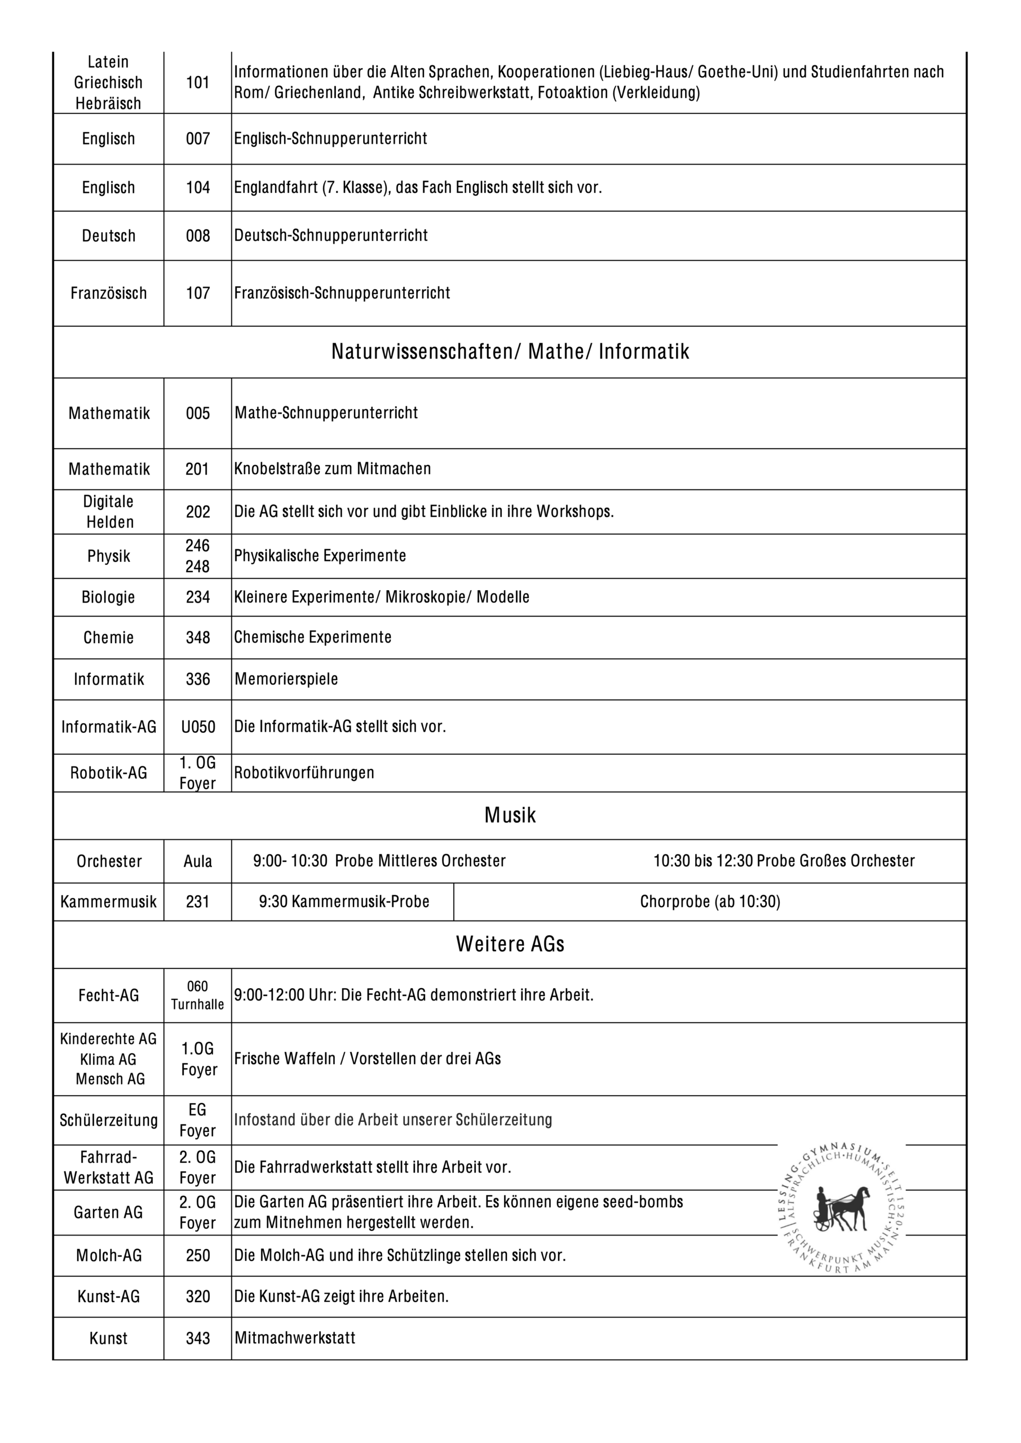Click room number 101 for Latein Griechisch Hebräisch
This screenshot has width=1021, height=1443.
[x=197, y=82]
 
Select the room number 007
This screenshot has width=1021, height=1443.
[x=197, y=138]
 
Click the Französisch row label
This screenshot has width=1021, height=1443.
[x=108, y=293]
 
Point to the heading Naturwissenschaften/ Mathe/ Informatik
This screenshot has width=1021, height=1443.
[x=510, y=351]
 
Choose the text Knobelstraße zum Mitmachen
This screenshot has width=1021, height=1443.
[x=333, y=469]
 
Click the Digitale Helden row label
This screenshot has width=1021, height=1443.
[x=109, y=512]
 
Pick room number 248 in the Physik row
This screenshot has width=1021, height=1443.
[x=197, y=566]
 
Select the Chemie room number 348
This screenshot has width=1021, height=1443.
[x=197, y=638]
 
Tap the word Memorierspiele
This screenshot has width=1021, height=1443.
[x=286, y=679]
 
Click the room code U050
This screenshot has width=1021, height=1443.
[x=197, y=727]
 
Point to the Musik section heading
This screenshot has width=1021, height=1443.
[x=510, y=815]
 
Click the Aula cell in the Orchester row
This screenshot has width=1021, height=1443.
[x=197, y=861]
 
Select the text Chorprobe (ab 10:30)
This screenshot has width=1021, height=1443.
[x=710, y=902]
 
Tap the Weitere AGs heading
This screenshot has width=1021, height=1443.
[x=510, y=944]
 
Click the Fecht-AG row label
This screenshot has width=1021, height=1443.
[x=108, y=995]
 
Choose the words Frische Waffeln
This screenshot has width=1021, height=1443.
[x=284, y=1059]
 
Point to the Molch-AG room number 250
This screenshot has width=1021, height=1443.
[x=197, y=1256]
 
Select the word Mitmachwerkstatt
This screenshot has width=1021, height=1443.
[x=295, y=1338]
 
